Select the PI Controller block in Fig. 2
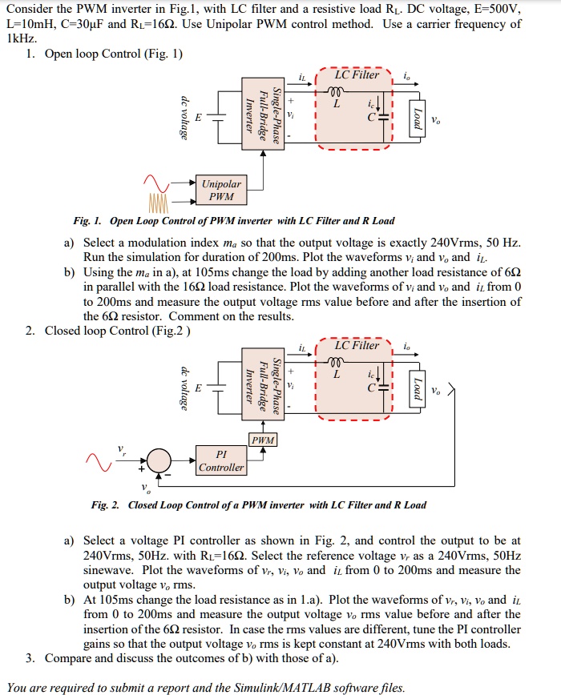(221, 460)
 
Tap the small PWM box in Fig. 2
(263, 440)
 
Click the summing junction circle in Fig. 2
(159, 461)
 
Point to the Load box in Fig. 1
(416, 119)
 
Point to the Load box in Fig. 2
(416, 389)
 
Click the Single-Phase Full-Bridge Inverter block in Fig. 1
(263, 115)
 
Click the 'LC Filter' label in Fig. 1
(357, 74)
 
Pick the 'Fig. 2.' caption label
(105, 505)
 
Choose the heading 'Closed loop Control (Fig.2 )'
(119, 331)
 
